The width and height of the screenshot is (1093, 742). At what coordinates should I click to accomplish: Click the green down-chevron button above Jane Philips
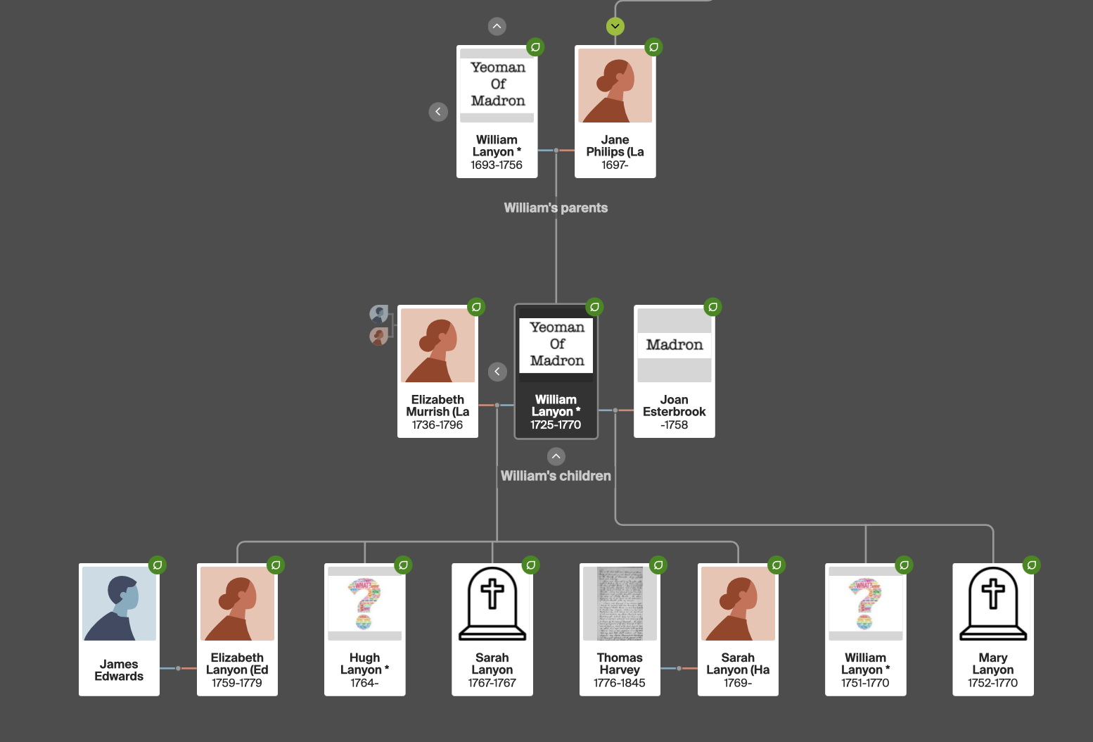tap(615, 27)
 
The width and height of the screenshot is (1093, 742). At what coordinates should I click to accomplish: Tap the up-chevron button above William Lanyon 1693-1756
tap(497, 27)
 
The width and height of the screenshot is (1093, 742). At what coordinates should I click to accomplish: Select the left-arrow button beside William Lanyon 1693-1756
tap(438, 112)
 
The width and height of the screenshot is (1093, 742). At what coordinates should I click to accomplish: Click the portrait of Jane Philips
tap(615, 85)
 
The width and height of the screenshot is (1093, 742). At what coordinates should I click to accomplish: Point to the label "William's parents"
tap(556, 208)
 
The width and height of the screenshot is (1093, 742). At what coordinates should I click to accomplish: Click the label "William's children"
tap(556, 476)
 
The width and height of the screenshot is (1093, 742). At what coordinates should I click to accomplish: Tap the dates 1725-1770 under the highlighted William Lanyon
tap(556, 425)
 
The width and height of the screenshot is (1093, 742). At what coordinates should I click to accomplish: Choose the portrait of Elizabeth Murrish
tap(437, 345)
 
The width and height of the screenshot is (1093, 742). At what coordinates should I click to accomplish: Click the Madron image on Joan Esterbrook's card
tap(674, 345)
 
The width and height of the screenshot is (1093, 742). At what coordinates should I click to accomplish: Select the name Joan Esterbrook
tap(674, 405)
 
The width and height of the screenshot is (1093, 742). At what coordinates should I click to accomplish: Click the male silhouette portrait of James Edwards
tap(119, 603)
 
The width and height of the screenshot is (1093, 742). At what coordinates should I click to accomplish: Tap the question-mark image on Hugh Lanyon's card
tap(364, 603)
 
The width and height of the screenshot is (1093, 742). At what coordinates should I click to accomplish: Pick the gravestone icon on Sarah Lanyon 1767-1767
tap(492, 603)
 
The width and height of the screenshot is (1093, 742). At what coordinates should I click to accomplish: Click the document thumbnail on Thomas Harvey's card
tap(620, 603)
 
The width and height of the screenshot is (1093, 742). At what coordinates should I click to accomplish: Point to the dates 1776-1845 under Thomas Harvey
tap(620, 683)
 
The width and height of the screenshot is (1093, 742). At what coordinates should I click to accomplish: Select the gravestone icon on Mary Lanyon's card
tap(992, 603)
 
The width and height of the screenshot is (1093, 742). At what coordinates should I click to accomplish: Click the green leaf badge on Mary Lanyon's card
tap(1031, 565)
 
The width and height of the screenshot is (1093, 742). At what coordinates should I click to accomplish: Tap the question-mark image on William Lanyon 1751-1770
tap(865, 603)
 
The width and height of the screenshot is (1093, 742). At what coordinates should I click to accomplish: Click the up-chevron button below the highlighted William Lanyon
tap(556, 456)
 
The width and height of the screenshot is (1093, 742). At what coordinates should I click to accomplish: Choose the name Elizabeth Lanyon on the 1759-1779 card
tap(237, 664)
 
